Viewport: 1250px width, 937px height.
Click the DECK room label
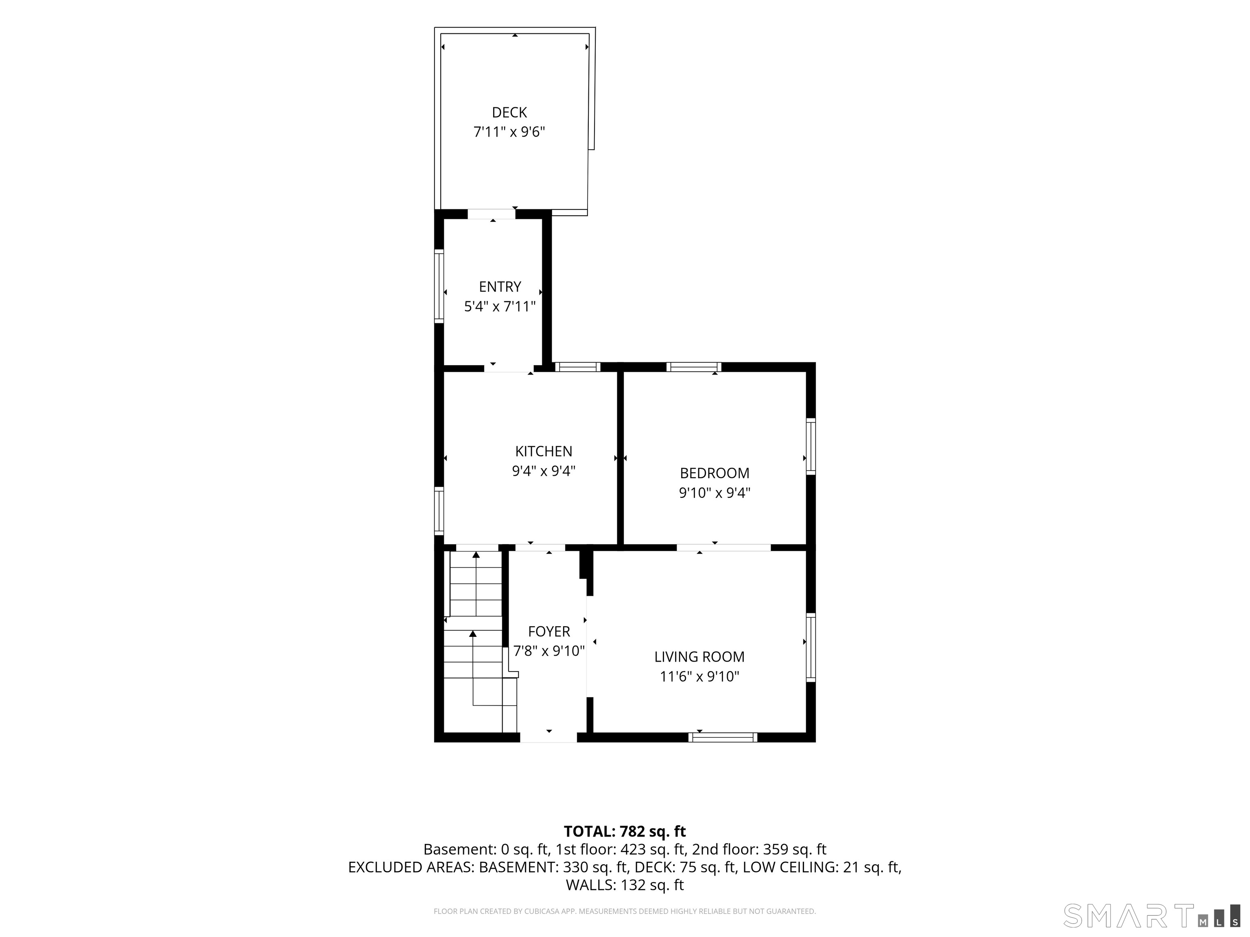(509, 112)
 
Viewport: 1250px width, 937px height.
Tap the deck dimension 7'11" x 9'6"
(509, 132)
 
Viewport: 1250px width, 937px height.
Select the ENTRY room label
(500, 287)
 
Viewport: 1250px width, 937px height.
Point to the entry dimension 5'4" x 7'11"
(500, 307)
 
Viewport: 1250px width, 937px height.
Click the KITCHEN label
(544, 451)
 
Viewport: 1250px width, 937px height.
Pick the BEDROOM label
(714, 473)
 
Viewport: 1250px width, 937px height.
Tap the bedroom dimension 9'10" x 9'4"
(714, 493)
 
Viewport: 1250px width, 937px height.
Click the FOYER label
(549, 632)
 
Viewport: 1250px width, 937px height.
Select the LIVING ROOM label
(699, 657)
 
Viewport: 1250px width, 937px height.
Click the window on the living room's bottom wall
(723, 737)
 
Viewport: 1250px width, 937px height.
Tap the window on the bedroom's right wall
(811, 445)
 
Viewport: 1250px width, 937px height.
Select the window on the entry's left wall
(439, 286)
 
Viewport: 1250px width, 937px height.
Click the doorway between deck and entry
(492, 214)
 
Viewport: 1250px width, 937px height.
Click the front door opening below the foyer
(548, 737)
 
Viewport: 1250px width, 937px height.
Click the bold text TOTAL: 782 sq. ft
(625, 831)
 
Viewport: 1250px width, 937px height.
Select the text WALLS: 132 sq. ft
(625, 885)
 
